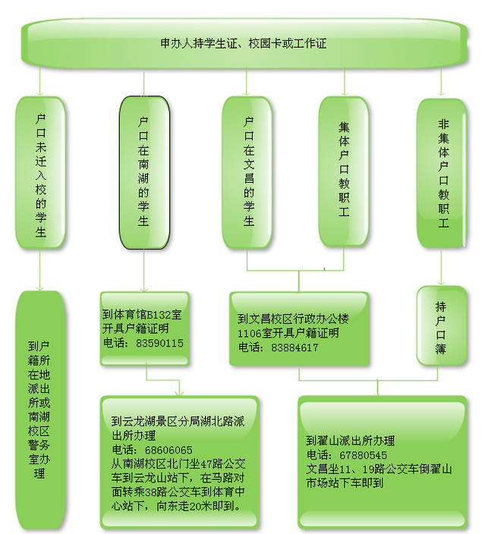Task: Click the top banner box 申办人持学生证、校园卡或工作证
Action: [x=244, y=43]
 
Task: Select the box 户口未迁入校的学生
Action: [x=40, y=173]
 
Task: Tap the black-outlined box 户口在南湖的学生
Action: [x=144, y=173]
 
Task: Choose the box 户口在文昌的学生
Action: [x=247, y=173]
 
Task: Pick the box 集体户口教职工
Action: [x=344, y=171]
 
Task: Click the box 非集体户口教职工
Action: [x=442, y=174]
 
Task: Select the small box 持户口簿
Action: [x=442, y=326]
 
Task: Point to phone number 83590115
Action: [x=159, y=343]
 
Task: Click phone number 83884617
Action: [x=294, y=347]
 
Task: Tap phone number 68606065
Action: [x=168, y=450]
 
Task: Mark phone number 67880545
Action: [x=363, y=455]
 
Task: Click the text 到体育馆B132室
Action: [x=142, y=314]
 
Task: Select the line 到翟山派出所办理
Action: [x=351, y=441]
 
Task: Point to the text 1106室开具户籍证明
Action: [x=288, y=333]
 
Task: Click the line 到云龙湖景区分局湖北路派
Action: [x=178, y=421]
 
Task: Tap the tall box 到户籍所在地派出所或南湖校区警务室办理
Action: [x=40, y=410]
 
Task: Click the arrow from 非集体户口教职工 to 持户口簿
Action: [x=442, y=267]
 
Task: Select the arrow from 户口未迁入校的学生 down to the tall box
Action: [x=40, y=270]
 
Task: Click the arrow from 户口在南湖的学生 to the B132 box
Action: [x=143, y=271]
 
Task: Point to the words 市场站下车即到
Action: [x=345, y=483]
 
